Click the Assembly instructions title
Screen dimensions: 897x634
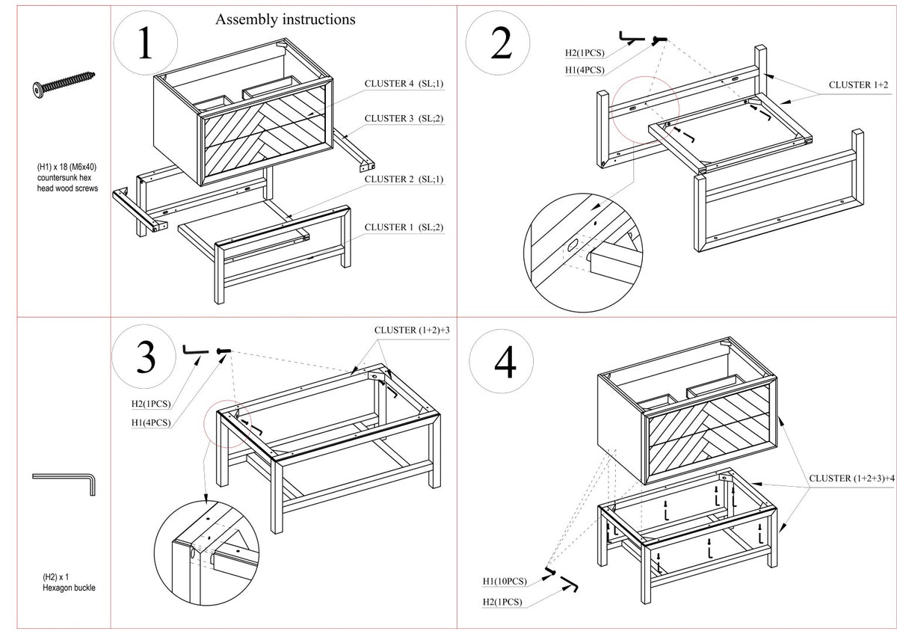285,19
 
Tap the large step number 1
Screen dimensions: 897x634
145,43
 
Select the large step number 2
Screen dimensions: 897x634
501,43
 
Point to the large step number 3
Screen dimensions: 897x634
146,357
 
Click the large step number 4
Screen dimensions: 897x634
505,362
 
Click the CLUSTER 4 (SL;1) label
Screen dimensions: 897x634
404,84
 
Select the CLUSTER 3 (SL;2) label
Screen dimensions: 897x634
404,119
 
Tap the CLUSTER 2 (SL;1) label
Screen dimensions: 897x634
404,179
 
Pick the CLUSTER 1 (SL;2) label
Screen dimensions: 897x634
404,227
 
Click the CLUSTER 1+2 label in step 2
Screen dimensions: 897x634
858,85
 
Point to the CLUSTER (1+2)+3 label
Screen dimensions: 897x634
412,330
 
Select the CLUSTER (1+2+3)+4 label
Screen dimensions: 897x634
851,478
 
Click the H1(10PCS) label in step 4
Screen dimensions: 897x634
505,581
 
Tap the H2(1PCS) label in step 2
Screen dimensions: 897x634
585,53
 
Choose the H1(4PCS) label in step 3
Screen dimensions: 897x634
151,422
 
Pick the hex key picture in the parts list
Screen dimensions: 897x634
64,484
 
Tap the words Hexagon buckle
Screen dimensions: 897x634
69,588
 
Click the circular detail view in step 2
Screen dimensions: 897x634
583,253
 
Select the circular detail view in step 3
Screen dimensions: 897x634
206,553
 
